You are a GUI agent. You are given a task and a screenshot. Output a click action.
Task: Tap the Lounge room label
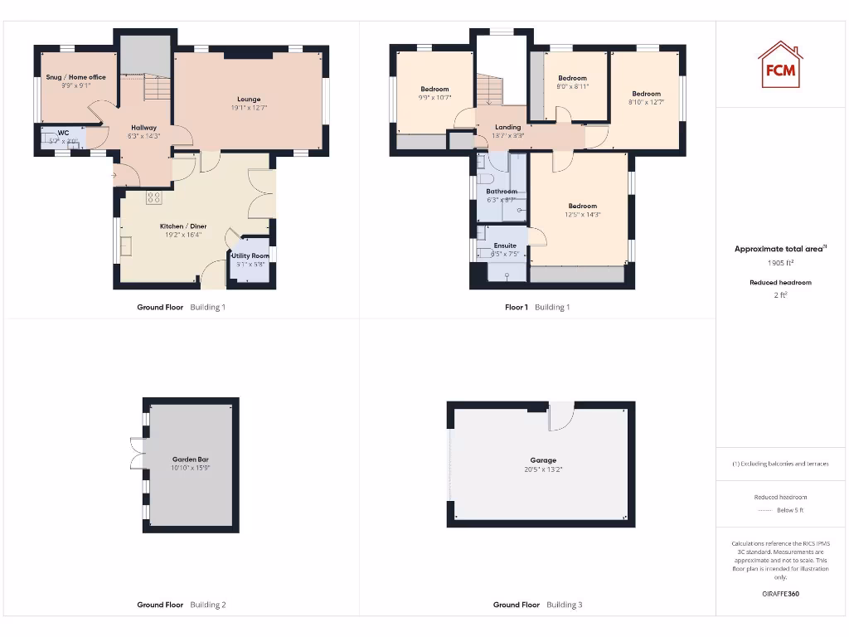tap(249, 100)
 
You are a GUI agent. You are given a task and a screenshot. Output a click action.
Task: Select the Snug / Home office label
tap(75, 77)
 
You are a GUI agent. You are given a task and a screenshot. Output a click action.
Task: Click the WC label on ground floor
tap(63, 133)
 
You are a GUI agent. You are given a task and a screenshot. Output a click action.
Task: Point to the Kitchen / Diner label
tap(183, 226)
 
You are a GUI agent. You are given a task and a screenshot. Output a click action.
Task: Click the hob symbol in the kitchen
tap(153, 197)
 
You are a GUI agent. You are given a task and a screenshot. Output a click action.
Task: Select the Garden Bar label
tap(190, 459)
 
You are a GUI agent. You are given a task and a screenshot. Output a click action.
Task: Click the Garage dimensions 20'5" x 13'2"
tap(544, 469)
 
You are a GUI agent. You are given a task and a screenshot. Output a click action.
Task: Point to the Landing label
tap(507, 127)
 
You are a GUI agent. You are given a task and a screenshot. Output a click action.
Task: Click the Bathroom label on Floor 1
tap(502, 192)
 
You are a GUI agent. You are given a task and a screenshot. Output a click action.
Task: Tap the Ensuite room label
tap(505, 246)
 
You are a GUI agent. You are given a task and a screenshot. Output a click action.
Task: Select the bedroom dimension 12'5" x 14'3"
tap(583, 215)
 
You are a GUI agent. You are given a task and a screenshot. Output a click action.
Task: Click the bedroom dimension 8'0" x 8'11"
tap(572, 86)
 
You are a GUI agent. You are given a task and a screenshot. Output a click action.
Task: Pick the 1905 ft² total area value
tap(780, 262)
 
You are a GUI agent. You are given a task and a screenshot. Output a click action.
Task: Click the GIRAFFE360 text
tap(780, 594)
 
